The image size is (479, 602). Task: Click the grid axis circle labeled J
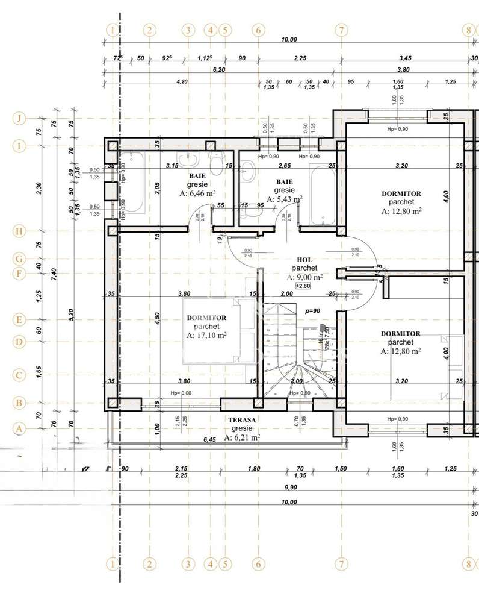pyautogui.click(x=19, y=118)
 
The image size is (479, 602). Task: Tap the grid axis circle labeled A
pyautogui.click(x=19, y=429)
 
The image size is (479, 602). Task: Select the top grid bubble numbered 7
pyautogui.click(x=341, y=29)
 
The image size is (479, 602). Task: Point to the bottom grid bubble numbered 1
pyautogui.click(x=112, y=565)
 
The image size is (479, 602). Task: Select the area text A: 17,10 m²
pyautogui.click(x=206, y=336)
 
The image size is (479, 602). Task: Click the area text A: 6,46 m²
pyautogui.click(x=197, y=193)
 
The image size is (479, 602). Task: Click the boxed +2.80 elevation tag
pyautogui.click(x=304, y=286)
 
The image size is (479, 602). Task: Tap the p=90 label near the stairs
pyautogui.click(x=313, y=311)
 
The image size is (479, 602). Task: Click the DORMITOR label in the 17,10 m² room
pyautogui.click(x=206, y=318)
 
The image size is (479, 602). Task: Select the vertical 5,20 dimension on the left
pyautogui.click(x=72, y=313)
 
